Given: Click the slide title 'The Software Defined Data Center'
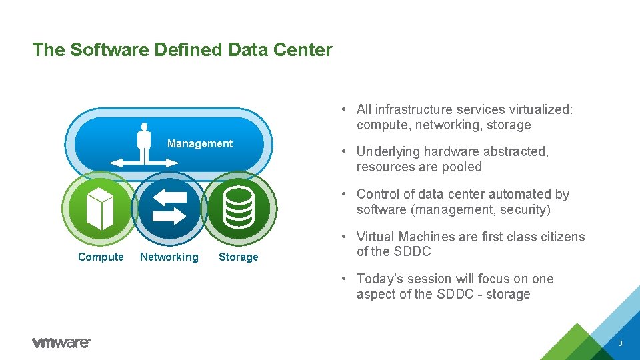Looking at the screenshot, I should pyautogui.click(x=182, y=50).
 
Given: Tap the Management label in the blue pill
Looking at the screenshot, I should pyautogui.click(x=199, y=144).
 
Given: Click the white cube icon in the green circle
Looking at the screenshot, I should pyautogui.click(x=99, y=208).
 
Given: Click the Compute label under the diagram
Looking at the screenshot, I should pyautogui.click(x=101, y=257).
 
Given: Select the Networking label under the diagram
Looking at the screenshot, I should pyautogui.click(x=169, y=257).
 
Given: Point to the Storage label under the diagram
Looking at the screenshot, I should pyautogui.click(x=238, y=257).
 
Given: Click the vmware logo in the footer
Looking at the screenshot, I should pyautogui.click(x=61, y=343).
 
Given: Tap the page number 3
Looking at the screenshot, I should pyautogui.click(x=620, y=343).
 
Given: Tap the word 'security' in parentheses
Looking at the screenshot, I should pyautogui.click(x=524, y=210).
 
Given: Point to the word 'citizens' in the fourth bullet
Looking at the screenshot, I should pyautogui.click(x=559, y=237).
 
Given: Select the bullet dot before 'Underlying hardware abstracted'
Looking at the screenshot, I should pyautogui.click(x=341, y=152).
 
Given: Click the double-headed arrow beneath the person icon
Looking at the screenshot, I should pyautogui.click(x=144, y=162).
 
